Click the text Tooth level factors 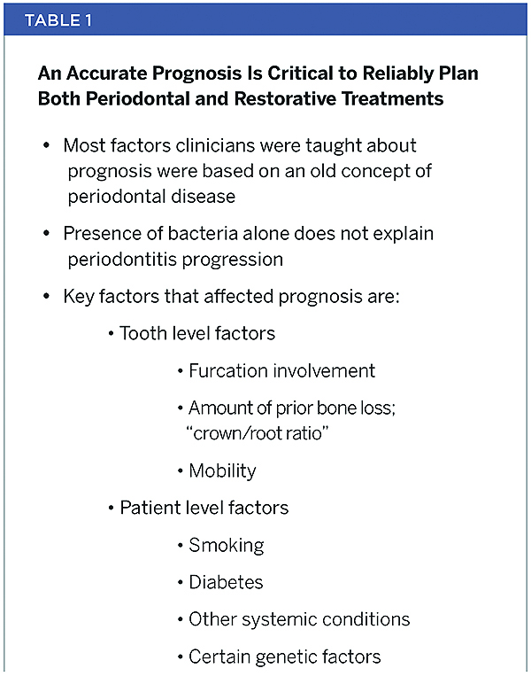(x=196, y=333)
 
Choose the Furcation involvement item (x=281, y=370)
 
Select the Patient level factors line (x=203, y=508)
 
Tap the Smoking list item (x=226, y=544)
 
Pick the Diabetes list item (x=226, y=582)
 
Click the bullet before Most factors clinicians (x=46, y=145)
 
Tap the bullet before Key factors (x=46, y=296)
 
